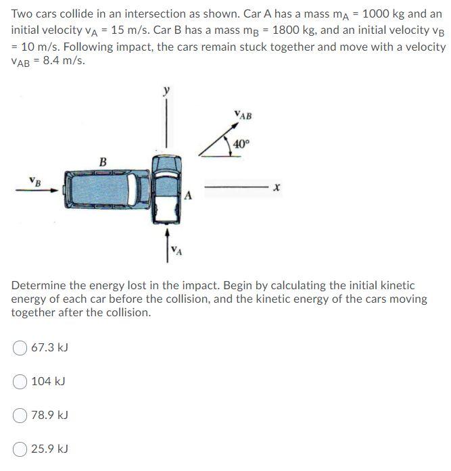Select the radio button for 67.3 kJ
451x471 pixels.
click(x=21, y=348)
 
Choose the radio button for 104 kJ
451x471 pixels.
click(x=21, y=382)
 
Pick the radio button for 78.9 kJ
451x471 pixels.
click(x=21, y=415)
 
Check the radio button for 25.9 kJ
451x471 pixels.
click(x=21, y=449)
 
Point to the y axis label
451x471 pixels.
click(x=165, y=91)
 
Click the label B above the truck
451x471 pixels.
click(x=103, y=162)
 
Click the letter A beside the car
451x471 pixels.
click(x=189, y=196)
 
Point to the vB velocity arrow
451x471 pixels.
click(x=37, y=190)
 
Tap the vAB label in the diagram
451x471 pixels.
click(x=242, y=116)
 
